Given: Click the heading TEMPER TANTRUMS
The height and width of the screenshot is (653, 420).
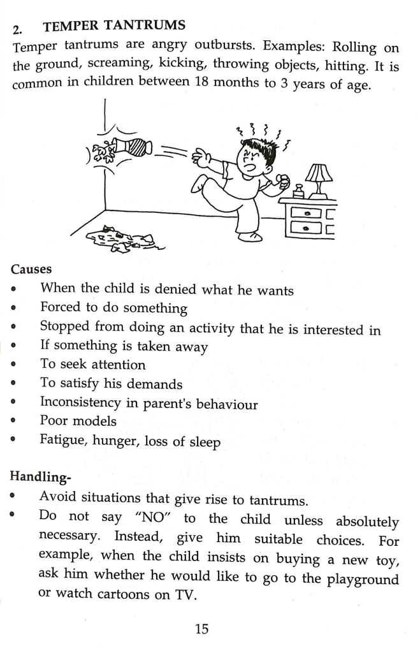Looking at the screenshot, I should point(114,26).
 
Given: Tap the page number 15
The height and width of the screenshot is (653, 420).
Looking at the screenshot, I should point(201,629).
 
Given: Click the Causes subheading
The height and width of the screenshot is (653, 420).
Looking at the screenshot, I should point(31,269).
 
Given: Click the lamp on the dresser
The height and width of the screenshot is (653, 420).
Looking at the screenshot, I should point(319,178).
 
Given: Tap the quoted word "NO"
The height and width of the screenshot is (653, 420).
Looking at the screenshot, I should point(150,517).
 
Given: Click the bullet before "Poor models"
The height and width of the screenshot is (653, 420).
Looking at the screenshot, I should point(13,422).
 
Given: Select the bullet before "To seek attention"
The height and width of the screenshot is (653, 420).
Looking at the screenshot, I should point(13,365).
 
